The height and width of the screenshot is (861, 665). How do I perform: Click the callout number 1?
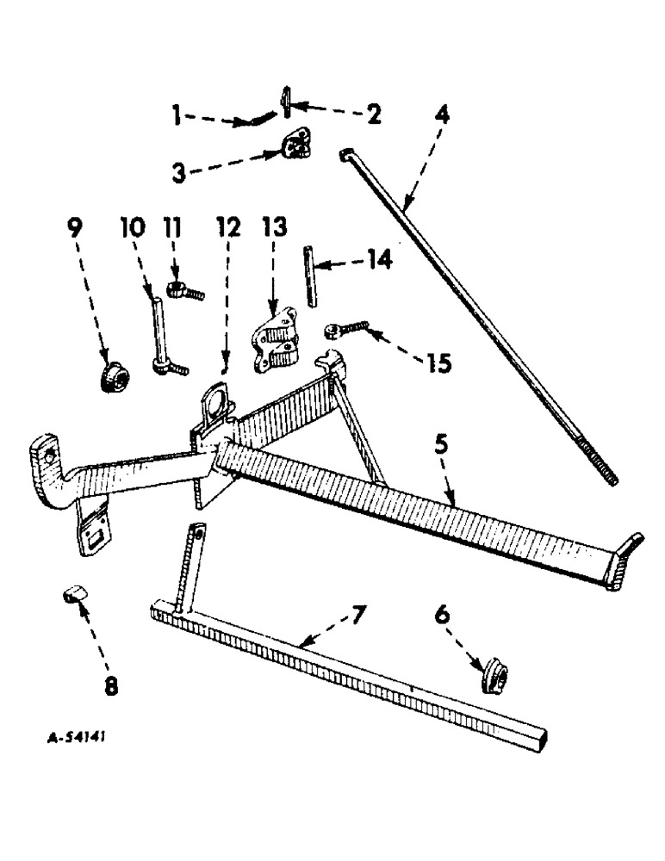coord(177,115)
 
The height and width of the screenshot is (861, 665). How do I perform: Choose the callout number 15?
coord(438,364)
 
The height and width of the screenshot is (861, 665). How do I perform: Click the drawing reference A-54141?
coord(78,738)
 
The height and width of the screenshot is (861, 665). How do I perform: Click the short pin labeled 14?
coord(311,276)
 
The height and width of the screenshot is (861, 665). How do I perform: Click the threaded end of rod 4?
coord(604,468)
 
